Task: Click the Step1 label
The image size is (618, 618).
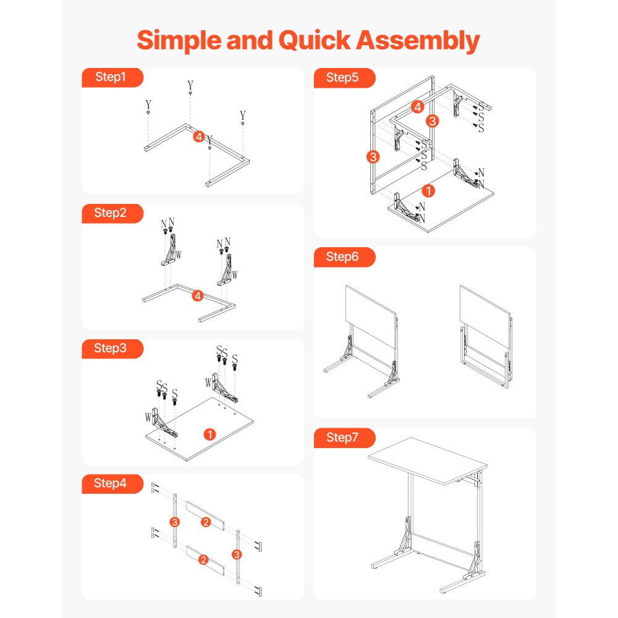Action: pos(111,77)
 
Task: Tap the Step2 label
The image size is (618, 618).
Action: pos(111,213)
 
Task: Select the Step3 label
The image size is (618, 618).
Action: pos(111,349)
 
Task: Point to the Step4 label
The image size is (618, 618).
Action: pos(111,483)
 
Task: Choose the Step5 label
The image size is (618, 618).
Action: pos(343,77)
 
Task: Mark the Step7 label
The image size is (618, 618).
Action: pos(343,438)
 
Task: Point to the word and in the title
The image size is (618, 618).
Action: pos(250,41)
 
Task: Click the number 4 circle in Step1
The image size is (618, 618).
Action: pos(198,136)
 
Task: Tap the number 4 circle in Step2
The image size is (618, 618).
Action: pos(198,296)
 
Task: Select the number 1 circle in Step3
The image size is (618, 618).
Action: pos(210,434)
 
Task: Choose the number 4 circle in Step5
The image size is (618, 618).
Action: pos(418,107)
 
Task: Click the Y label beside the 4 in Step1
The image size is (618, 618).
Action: pos(210,140)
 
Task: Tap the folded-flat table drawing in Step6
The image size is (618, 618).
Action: pos(486,334)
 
